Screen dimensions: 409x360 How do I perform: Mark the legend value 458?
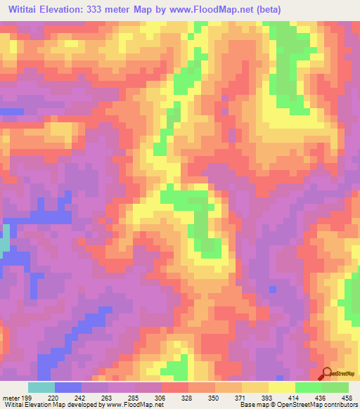tap(347, 397)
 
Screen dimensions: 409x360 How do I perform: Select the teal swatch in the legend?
tap(41, 387)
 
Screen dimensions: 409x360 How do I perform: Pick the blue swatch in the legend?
tap(67, 387)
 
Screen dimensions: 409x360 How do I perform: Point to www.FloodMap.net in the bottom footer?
tap(134, 404)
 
